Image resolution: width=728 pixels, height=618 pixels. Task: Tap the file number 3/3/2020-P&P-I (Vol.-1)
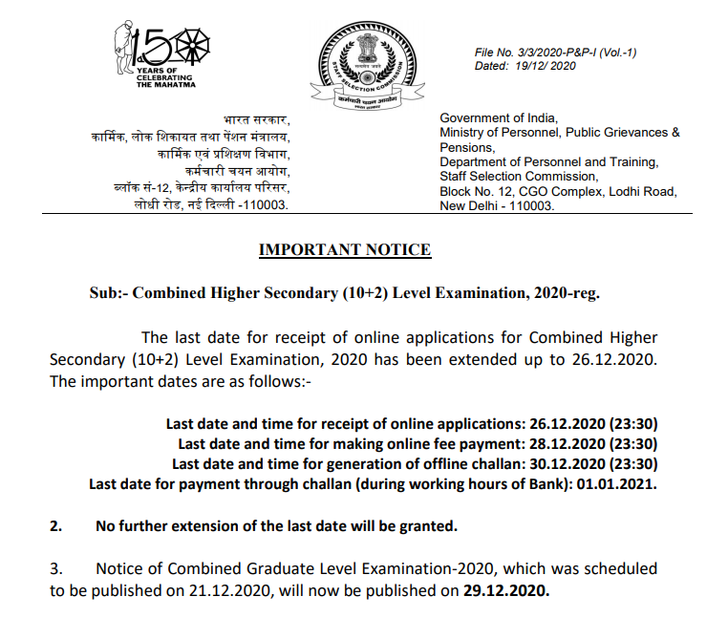pyautogui.click(x=555, y=52)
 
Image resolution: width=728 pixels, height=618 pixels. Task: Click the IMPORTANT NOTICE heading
pyautogui.click(x=345, y=250)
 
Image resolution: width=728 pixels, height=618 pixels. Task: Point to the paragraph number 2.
pyautogui.click(x=55, y=525)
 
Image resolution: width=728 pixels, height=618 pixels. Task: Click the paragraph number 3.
pyautogui.click(x=55, y=568)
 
